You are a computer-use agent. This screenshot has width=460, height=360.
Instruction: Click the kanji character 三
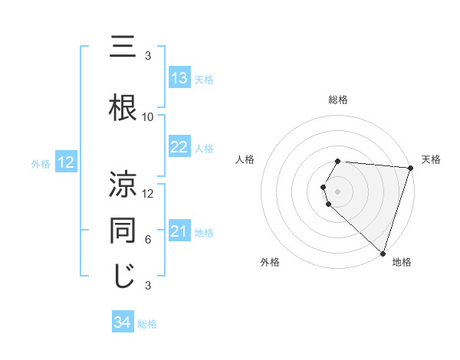pyautogui.click(x=123, y=48)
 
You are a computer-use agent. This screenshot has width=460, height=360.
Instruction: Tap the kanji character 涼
pyautogui.click(x=123, y=185)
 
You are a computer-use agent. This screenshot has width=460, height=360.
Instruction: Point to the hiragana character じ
pyautogui.click(x=123, y=277)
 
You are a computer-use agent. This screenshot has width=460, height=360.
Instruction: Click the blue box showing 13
pyautogui.click(x=179, y=78)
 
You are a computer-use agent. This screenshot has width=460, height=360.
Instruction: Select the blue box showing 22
pyautogui.click(x=179, y=147)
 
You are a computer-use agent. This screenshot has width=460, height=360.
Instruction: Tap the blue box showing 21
pyautogui.click(x=179, y=231)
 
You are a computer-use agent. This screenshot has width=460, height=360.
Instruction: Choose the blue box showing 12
pyautogui.click(x=65, y=162)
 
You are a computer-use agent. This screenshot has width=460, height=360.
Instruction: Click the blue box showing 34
pyautogui.click(x=122, y=322)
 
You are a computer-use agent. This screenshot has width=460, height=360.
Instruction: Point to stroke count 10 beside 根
pyautogui.click(x=148, y=117)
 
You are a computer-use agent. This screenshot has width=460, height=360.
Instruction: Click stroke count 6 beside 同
pyautogui.click(x=148, y=240)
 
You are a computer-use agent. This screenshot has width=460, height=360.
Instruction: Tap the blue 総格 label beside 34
pyautogui.click(x=147, y=323)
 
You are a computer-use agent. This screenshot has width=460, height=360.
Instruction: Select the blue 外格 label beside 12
pyautogui.click(x=41, y=163)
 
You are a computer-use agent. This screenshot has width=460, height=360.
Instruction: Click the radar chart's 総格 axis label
pyautogui.click(x=338, y=100)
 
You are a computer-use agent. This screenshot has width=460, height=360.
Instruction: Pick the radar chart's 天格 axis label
pyautogui.click(x=431, y=159)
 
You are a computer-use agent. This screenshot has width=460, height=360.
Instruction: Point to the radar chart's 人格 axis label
pyautogui.click(x=245, y=159)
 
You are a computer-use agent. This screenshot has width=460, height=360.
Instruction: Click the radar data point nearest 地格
pyautogui.click(x=383, y=252)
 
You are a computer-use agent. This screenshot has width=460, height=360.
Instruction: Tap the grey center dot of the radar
pyautogui.click(x=338, y=190)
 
